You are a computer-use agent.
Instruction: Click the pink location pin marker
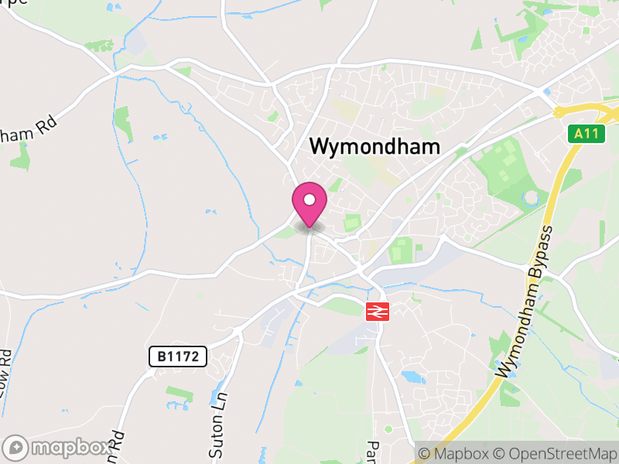[309, 203]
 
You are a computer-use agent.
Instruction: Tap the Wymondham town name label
[374, 147]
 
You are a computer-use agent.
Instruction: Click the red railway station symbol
[377, 311]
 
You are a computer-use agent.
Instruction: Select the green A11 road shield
[589, 134]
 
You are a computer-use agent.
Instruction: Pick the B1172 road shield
[178, 357]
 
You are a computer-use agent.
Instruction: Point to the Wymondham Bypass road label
[527, 302]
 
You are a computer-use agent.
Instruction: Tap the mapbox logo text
[70, 448]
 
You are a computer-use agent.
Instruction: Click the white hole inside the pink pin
[309, 200]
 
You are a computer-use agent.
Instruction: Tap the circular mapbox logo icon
[17, 448]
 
